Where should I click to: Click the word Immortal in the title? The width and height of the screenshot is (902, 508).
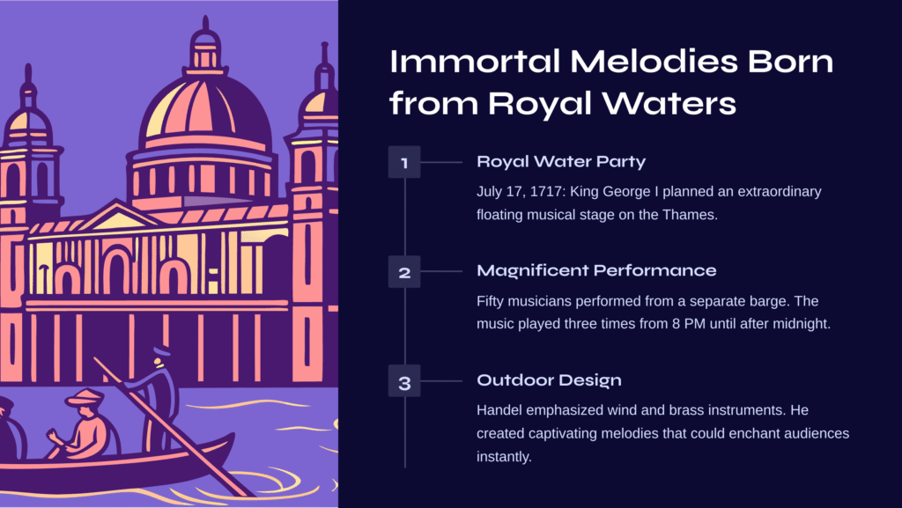pos(475,61)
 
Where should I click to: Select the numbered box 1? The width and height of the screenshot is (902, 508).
pos(404,162)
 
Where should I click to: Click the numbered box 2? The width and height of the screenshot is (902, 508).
pos(404,272)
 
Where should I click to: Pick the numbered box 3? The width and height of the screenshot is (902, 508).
pos(404,381)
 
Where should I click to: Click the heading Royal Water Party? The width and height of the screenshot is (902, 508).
pos(561,162)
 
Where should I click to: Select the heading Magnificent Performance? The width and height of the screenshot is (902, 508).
pos(596,270)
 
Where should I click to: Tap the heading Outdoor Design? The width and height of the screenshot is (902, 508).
pos(549,380)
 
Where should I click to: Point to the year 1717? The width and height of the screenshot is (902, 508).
pos(547,191)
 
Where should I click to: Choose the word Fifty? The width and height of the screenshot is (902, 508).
pos(491,301)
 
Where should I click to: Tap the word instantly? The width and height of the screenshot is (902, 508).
pos(504,457)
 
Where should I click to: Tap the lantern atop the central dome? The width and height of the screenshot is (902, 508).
pos(204,48)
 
